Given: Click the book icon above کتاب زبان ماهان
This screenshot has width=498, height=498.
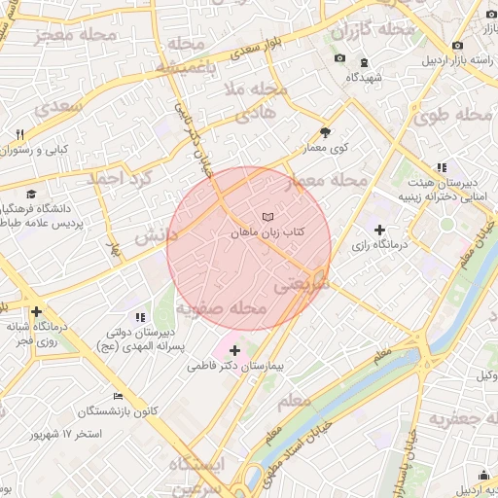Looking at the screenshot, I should [x=268, y=216].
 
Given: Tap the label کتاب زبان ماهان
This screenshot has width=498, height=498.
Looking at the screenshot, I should [x=268, y=233].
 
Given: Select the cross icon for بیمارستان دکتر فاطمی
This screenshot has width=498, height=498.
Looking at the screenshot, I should [x=234, y=349].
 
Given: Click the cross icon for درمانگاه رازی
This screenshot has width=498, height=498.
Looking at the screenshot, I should [x=379, y=229].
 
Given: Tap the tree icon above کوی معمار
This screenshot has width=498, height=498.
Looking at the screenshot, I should [x=325, y=134].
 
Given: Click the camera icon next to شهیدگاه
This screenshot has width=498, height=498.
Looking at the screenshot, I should [x=339, y=58].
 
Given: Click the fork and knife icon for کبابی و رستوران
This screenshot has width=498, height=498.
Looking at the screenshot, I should [x=18, y=134].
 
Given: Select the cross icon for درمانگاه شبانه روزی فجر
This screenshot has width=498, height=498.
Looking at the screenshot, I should [x=36, y=312].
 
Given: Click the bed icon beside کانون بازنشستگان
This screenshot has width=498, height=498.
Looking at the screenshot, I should [x=119, y=397].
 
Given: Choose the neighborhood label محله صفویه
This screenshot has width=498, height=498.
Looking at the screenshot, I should [x=222, y=308].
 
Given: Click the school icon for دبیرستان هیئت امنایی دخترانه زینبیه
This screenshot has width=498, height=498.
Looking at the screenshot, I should [x=442, y=167].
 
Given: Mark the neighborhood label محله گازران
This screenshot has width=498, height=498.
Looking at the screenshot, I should [x=374, y=29].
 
